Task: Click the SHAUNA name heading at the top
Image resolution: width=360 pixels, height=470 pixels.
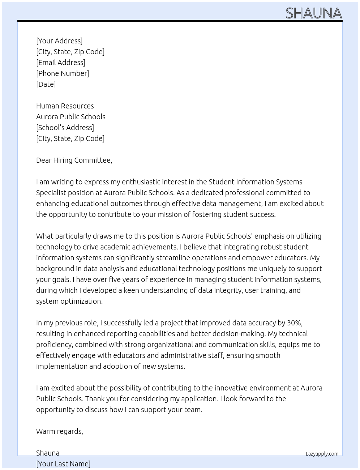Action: click(x=313, y=13)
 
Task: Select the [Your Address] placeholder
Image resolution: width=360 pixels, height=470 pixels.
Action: click(x=59, y=41)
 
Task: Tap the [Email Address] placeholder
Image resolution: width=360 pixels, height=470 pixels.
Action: click(x=61, y=63)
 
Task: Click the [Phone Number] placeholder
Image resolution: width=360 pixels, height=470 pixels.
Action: click(x=63, y=73)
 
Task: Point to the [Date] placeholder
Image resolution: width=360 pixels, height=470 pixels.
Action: click(x=46, y=84)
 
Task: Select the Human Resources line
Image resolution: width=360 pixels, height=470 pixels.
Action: click(x=65, y=106)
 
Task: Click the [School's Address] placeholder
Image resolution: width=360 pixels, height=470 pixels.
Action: click(x=65, y=128)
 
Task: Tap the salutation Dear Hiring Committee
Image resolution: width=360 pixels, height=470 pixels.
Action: click(x=74, y=160)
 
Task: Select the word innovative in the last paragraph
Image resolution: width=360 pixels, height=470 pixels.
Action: click(x=231, y=388)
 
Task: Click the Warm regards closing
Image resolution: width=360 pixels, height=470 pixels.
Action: click(x=60, y=431)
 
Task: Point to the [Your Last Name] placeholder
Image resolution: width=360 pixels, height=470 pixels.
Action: click(x=63, y=464)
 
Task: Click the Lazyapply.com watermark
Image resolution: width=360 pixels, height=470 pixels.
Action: click(x=322, y=454)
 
